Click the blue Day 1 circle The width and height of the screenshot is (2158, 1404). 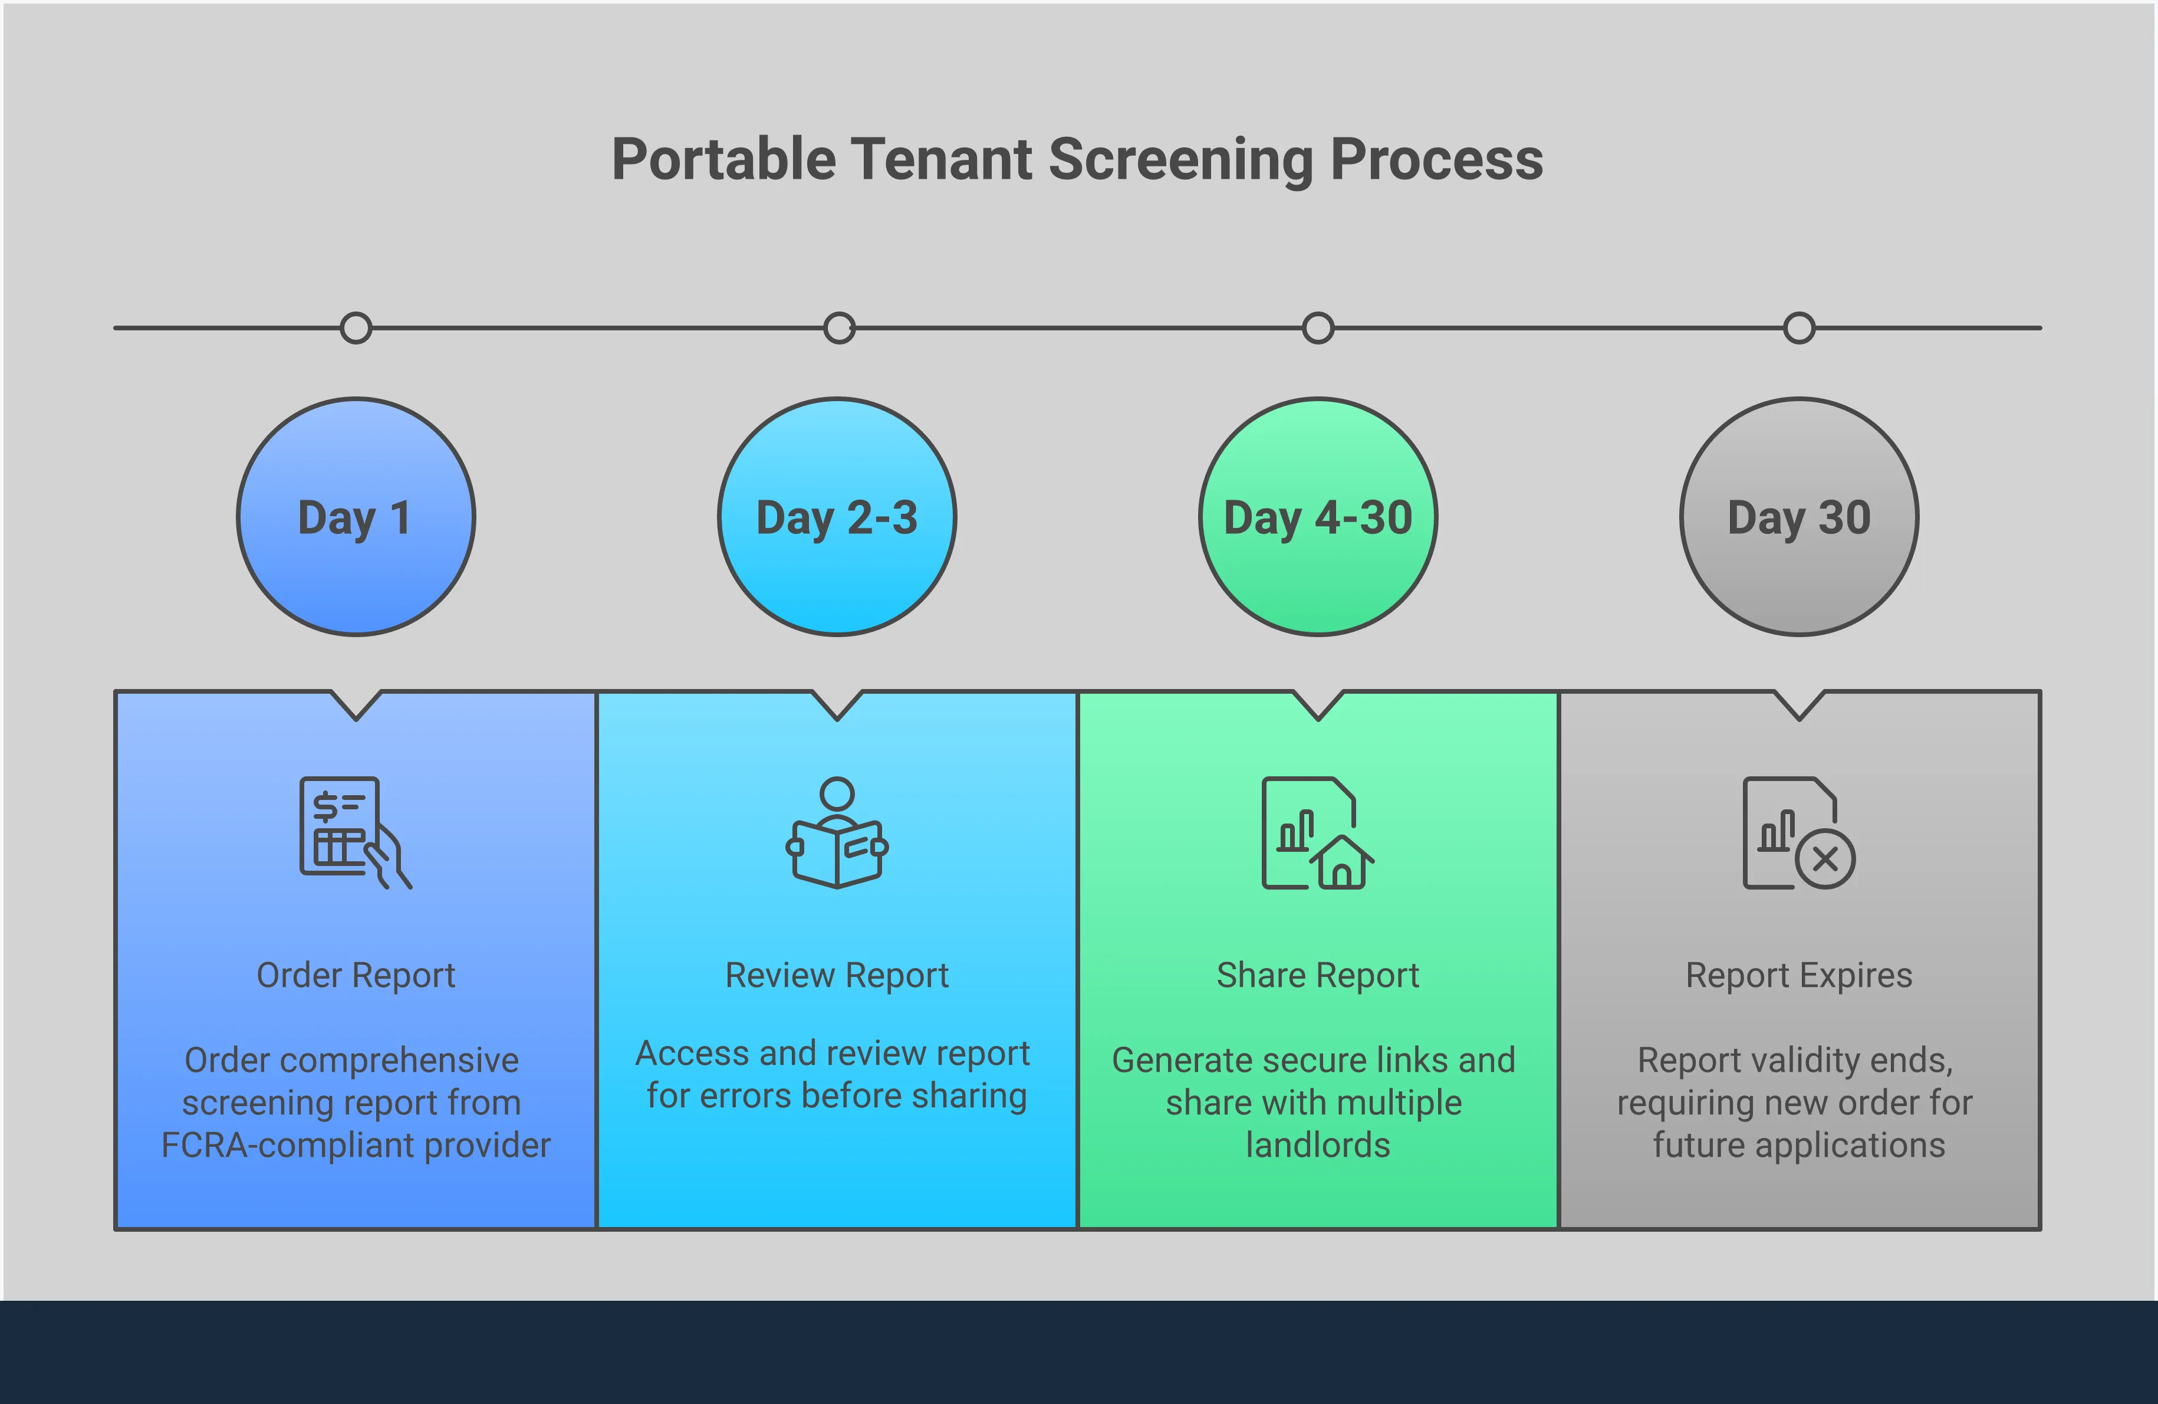pos(356,517)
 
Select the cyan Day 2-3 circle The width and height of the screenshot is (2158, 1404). pos(837,517)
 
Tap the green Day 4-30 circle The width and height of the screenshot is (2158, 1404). pos(1317,517)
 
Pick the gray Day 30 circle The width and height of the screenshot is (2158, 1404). pos(1799,517)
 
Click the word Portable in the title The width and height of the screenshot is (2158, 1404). pos(723,160)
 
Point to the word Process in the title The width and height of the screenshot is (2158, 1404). pos(1436,160)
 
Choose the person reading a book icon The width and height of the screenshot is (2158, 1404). pos(837,832)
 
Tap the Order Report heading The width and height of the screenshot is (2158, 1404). pos(356,975)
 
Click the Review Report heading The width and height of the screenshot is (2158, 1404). pos(837,975)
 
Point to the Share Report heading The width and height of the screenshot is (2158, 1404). pos(1317,975)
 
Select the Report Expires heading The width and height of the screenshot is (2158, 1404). pos(1799,975)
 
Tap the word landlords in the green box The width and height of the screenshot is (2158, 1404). pos(1317,1146)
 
